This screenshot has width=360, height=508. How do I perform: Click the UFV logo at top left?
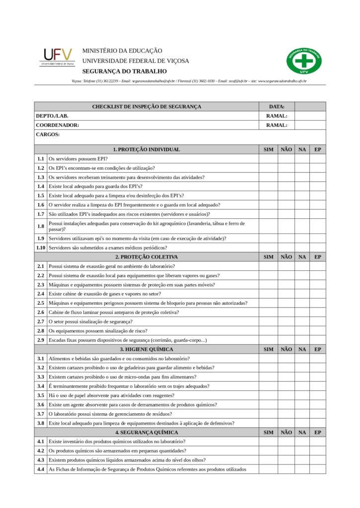57,57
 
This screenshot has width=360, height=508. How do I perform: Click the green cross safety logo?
304,61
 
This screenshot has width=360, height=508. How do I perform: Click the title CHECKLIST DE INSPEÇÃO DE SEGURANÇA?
146,107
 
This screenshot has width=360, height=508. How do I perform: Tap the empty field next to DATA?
310,107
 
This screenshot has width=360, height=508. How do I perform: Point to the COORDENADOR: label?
58,125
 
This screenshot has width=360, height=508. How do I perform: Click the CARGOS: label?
48,134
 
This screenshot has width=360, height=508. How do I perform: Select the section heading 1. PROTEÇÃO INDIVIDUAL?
146,149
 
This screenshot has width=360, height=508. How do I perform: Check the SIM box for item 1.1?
268,159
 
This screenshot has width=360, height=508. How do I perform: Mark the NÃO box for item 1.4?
286,186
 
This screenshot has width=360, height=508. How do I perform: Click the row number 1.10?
41,248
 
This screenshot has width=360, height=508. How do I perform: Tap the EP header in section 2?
318,257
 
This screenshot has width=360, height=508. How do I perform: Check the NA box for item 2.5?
302,303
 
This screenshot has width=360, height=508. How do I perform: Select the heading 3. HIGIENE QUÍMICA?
146,349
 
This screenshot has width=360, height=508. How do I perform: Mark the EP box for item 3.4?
318,386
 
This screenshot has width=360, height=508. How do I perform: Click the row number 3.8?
41,423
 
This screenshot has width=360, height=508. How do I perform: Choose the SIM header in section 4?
268,432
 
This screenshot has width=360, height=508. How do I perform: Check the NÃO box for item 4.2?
286,450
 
